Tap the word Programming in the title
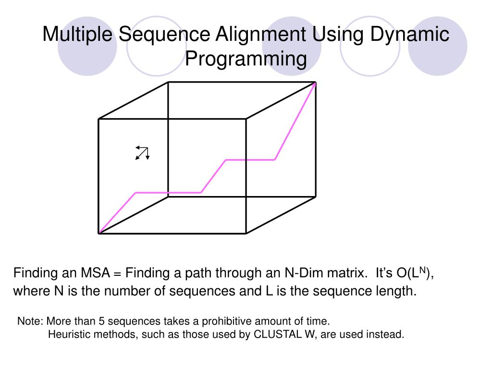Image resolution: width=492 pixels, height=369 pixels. [246, 59]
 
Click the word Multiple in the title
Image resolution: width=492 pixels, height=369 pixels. [77, 35]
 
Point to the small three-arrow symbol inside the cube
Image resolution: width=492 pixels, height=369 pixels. [143, 152]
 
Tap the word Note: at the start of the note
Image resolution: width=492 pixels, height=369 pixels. [30, 321]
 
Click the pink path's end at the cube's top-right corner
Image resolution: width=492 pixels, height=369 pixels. [315, 83]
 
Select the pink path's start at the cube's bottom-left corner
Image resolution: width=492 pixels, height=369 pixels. [99, 233]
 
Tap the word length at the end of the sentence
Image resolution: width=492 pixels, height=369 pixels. [399, 291]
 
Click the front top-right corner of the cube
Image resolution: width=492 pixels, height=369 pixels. [246, 119]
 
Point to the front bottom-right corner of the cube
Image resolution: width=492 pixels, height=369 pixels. [246, 233]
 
